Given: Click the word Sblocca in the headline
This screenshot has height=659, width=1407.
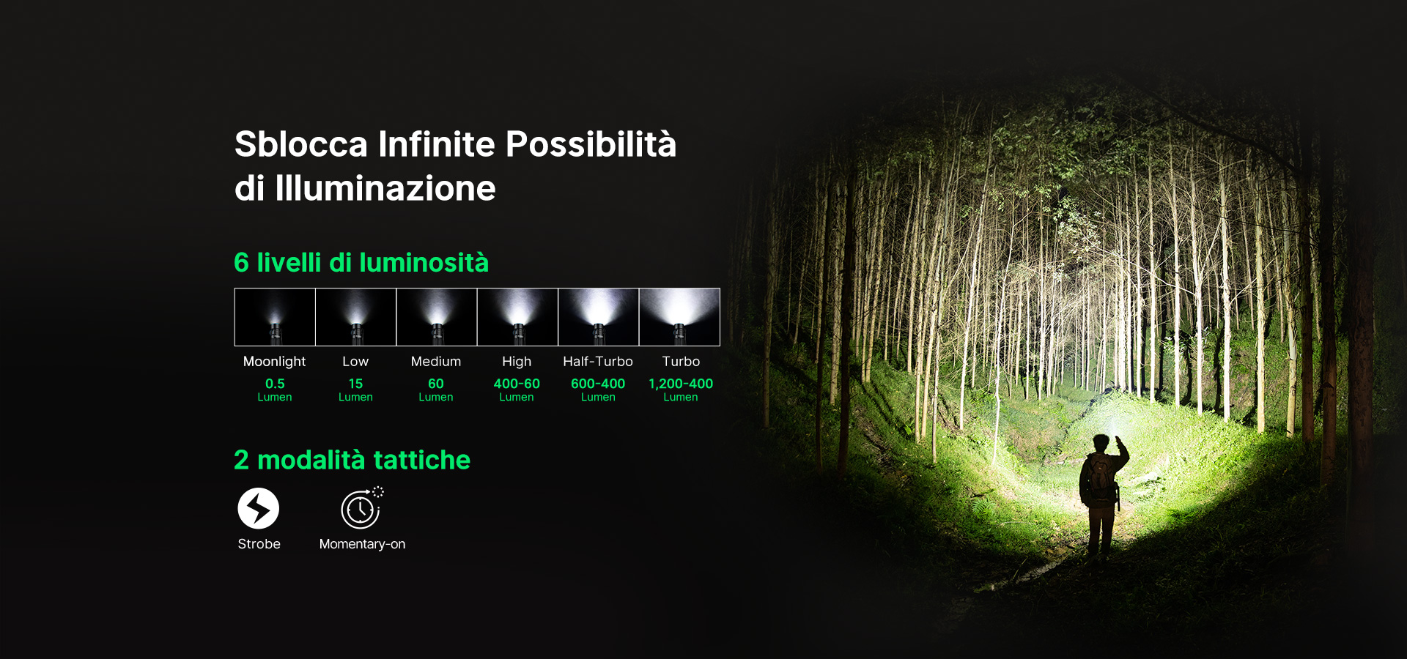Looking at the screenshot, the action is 301,144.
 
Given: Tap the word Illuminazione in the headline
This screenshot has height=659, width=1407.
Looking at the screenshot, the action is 385,188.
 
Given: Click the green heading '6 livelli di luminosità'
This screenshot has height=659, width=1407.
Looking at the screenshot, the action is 361,262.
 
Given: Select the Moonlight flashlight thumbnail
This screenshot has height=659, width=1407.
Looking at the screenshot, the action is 275,317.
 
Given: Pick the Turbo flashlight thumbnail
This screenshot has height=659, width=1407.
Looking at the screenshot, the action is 679,317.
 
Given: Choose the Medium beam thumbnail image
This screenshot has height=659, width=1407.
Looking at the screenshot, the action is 437,317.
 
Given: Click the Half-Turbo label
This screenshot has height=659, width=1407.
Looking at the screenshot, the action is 598,362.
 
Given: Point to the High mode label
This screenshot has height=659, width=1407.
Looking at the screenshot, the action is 517,362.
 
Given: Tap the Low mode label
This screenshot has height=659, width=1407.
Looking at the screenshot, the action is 355,362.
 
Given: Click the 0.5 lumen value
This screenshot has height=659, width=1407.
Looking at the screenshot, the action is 275,384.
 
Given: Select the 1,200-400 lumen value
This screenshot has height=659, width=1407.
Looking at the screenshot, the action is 681,384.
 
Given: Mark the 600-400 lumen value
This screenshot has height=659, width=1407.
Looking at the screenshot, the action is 598,384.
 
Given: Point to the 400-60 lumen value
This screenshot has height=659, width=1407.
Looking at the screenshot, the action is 517,384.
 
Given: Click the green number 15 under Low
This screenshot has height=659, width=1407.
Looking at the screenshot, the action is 355,384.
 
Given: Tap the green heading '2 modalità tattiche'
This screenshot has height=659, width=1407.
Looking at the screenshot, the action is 352,460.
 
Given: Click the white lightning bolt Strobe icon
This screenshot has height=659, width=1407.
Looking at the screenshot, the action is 259,508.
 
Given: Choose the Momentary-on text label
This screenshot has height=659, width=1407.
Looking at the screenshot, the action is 362,544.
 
